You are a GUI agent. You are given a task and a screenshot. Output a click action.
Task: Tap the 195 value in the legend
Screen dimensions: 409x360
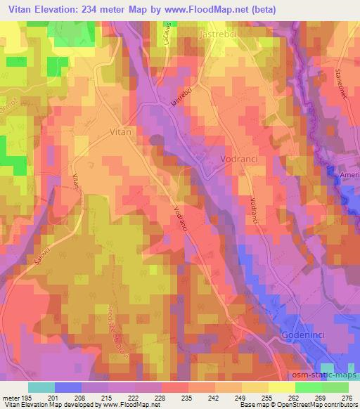point(28,398)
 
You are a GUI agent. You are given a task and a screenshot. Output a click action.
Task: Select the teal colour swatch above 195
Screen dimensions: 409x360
point(41,387)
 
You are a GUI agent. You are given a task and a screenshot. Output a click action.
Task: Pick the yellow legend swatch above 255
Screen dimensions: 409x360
point(255,387)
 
